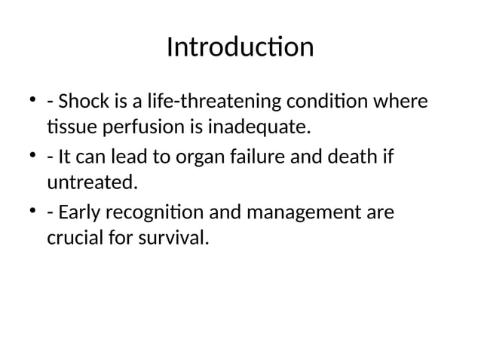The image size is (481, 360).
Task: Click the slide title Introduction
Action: point(240,47)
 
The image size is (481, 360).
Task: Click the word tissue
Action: point(67,129)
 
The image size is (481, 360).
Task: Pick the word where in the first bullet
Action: point(408,102)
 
